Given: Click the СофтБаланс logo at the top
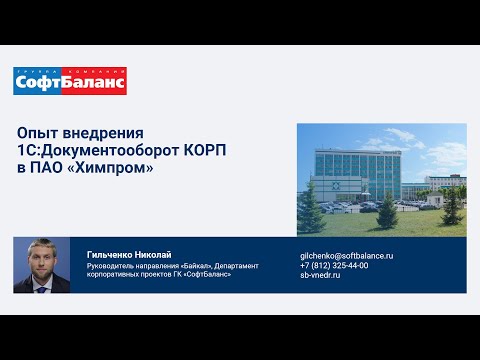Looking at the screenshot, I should click(70, 81).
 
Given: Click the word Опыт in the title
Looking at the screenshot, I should click(39, 133).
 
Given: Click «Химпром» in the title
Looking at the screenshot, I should click(113, 167).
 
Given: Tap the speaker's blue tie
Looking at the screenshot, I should click(42, 282).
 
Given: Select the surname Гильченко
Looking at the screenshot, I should click(113, 255).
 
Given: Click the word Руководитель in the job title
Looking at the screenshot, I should click(114, 265).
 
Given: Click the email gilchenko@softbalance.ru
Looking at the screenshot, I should click(346, 255).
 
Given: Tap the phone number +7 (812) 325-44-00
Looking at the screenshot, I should click(335, 265).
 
